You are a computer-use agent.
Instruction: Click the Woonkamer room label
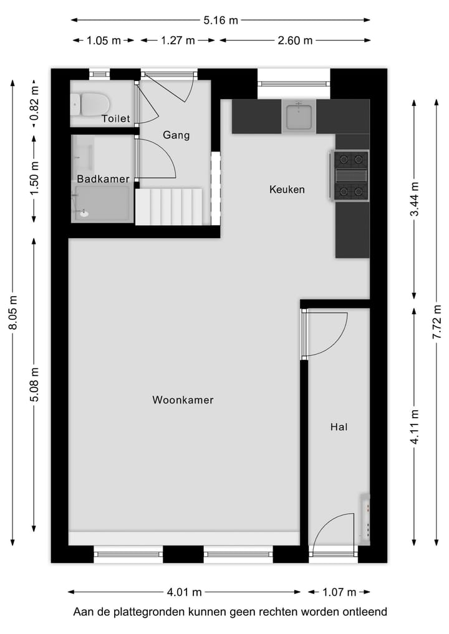(x=183, y=400)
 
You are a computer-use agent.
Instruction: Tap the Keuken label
(x=287, y=189)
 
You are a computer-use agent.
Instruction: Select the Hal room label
(x=339, y=427)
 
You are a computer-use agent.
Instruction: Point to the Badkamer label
(x=103, y=179)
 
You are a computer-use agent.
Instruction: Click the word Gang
(x=176, y=135)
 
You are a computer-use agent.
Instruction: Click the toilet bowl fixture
(x=91, y=103)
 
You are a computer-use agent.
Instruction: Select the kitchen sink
(x=299, y=117)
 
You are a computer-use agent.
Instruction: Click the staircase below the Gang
(x=170, y=206)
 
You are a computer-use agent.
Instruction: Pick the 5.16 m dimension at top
(x=221, y=20)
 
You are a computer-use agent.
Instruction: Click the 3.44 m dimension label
(x=414, y=199)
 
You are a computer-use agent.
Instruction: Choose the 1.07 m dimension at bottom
(x=339, y=592)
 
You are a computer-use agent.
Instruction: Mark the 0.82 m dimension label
(x=35, y=103)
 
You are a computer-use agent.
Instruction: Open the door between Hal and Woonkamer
(x=324, y=333)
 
